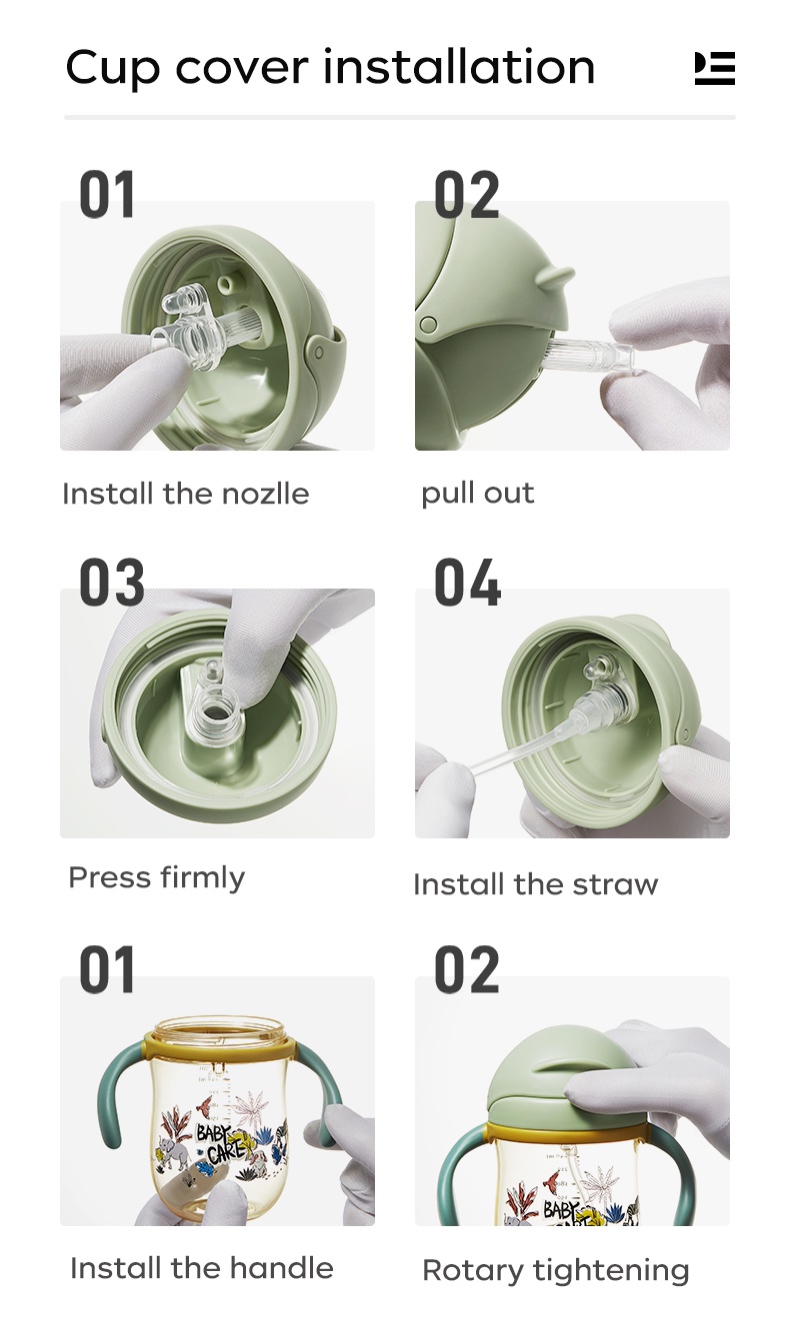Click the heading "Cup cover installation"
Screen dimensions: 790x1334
click(330, 68)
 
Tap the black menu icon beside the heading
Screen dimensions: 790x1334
click(714, 68)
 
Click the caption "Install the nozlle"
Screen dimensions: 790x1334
click(186, 494)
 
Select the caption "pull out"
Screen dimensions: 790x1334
click(478, 495)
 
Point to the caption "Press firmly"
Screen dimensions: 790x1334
click(157, 878)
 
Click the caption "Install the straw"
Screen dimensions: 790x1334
click(536, 884)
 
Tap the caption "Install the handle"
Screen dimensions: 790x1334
click(202, 1268)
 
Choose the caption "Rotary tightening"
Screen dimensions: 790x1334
click(556, 1271)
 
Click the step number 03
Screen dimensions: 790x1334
click(112, 582)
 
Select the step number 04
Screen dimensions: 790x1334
click(468, 582)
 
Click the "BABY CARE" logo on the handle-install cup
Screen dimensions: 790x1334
click(216, 1141)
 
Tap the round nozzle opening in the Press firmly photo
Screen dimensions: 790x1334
click(213, 712)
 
